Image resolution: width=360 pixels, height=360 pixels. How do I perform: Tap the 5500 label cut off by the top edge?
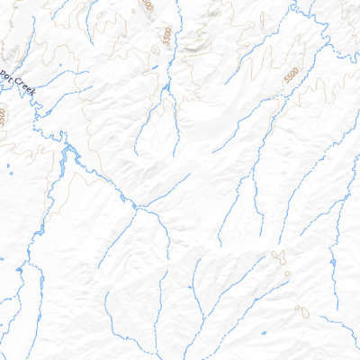tap(147, 4)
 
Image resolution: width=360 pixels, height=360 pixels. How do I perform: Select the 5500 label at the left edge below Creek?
tap(3, 115)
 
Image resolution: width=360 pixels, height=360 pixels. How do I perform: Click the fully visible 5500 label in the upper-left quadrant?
tap(166, 37)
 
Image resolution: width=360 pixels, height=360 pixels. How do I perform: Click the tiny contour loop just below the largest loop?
tap(285, 274)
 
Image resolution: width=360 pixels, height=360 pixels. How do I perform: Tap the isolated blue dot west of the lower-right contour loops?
tap(191, 287)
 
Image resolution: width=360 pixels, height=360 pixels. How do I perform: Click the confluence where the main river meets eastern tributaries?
tap(137, 208)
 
